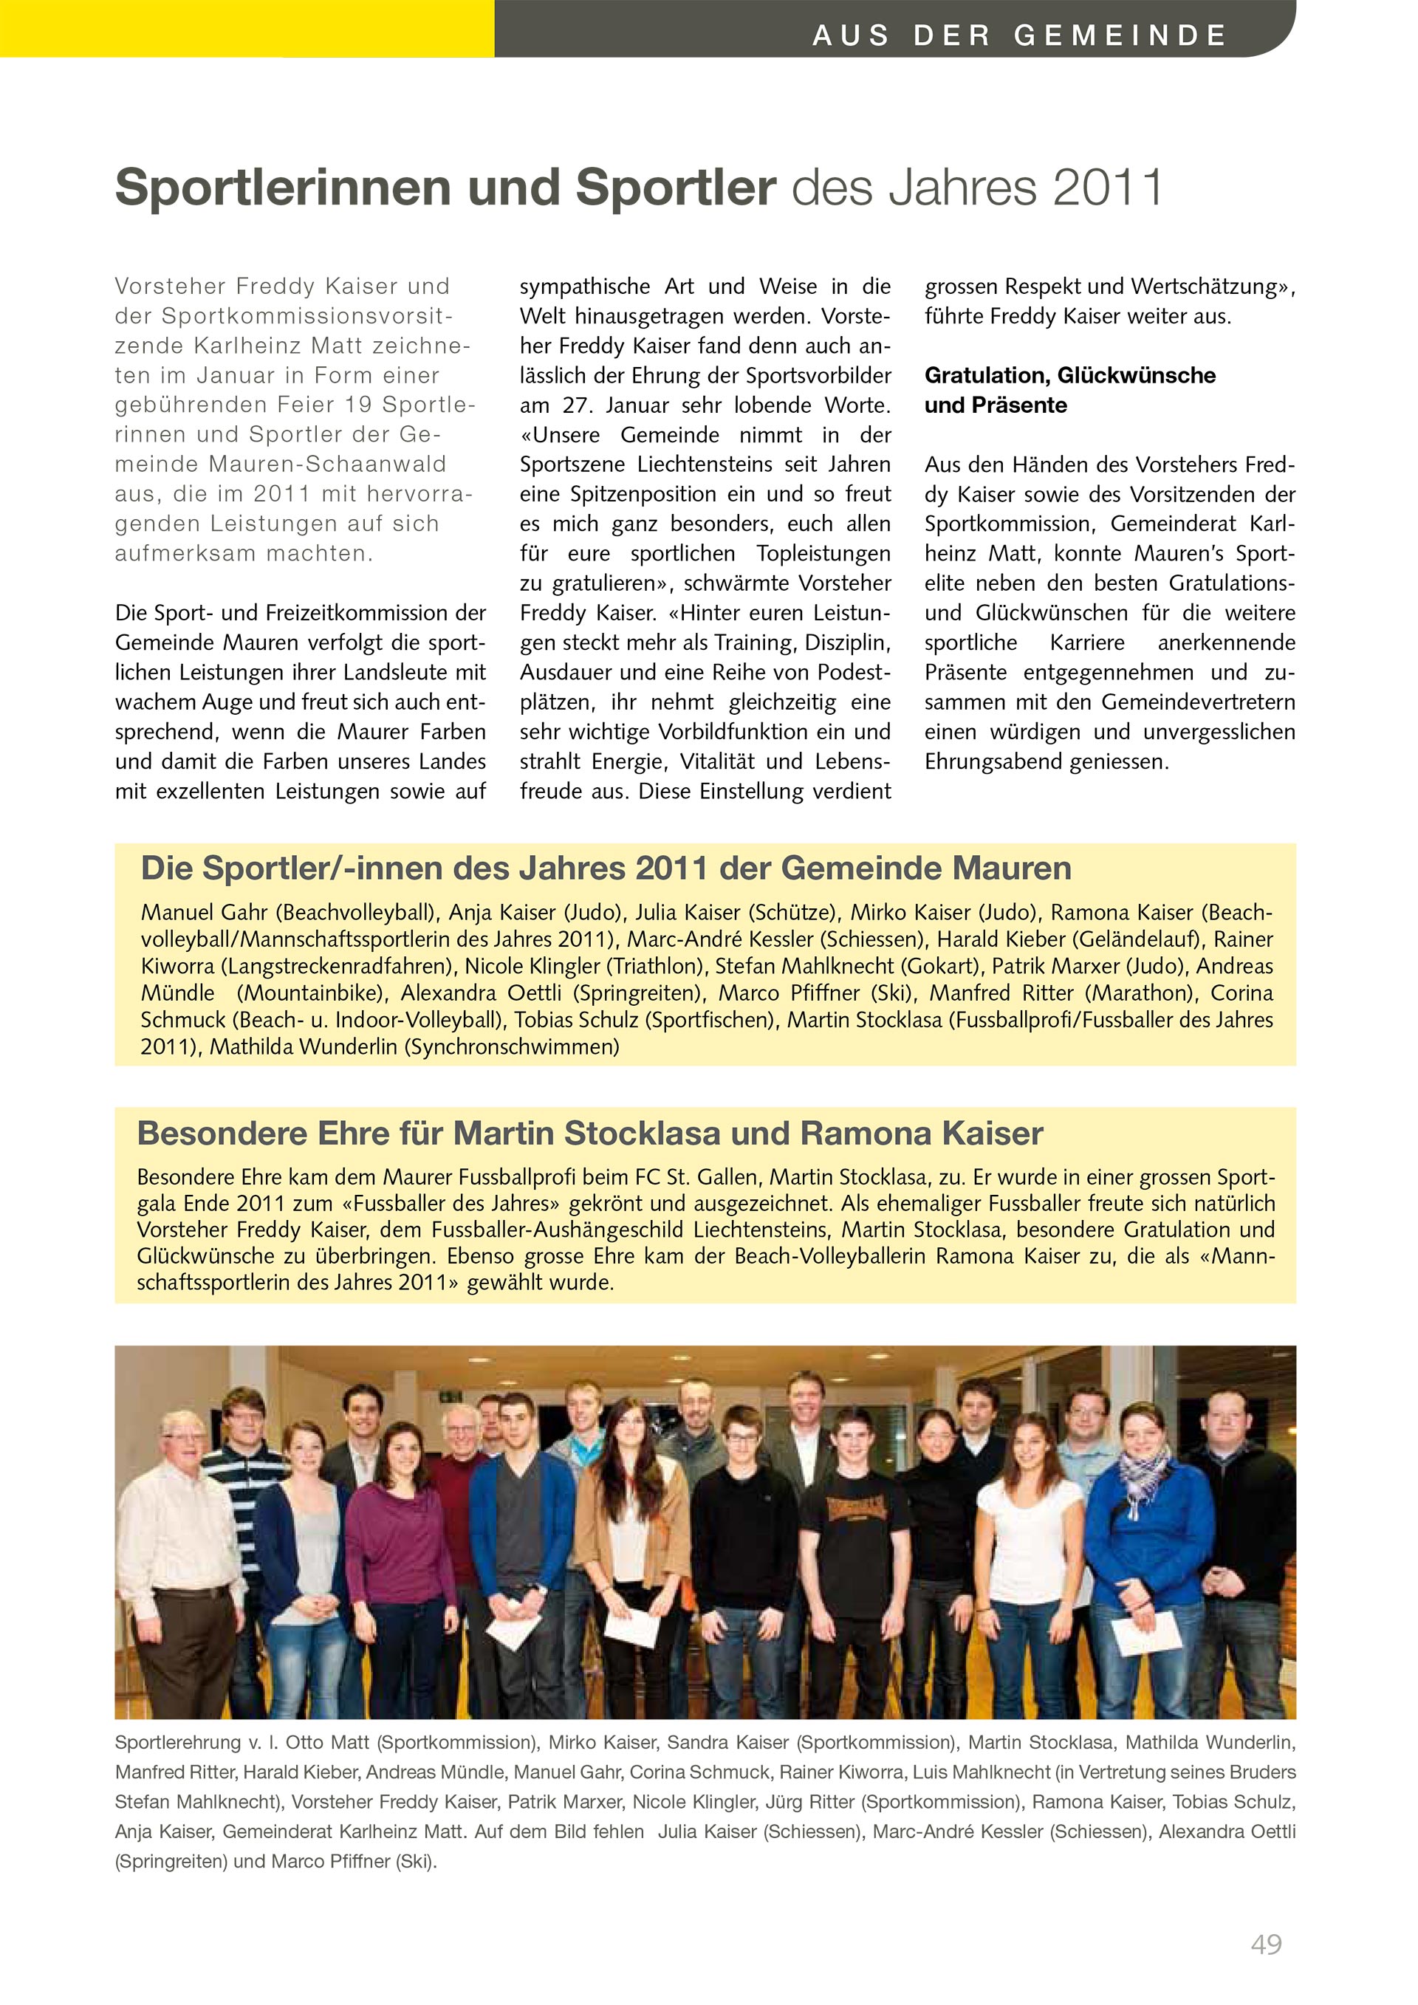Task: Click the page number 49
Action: (x=1265, y=1944)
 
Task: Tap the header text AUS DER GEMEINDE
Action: (x=1019, y=35)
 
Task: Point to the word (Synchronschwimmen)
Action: (x=511, y=1046)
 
